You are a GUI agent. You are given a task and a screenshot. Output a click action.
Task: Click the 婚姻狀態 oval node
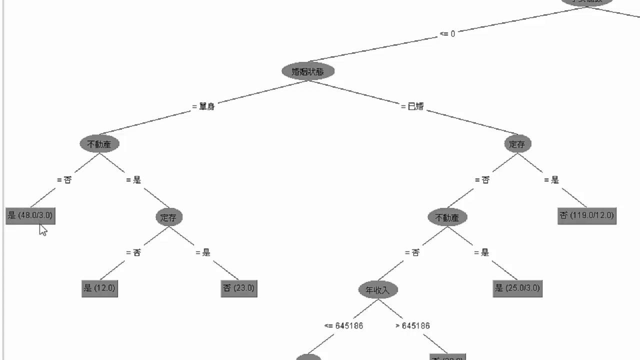[x=307, y=71]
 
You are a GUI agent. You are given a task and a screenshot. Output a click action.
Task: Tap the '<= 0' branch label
[x=447, y=34]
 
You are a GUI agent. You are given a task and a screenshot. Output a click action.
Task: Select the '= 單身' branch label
[x=203, y=106]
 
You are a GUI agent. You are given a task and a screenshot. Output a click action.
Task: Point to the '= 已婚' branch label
[x=412, y=106]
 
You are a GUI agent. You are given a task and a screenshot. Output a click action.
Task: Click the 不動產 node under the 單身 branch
[x=99, y=144]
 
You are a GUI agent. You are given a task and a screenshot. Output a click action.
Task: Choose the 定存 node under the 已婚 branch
[x=517, y=144]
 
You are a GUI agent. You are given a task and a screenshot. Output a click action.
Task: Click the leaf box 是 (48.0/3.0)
[x=30, y=216]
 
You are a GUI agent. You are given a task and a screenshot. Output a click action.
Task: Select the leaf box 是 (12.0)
[x=99, y=288]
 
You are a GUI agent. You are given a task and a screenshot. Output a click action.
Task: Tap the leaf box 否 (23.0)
[x=238, y=288]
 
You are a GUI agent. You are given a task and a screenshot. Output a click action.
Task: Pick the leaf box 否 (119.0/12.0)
[x=587, y=216]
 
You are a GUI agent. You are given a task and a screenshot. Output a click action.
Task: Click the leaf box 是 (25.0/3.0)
[x=517, y=288]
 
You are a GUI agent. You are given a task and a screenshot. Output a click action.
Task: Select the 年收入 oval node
[x=378, y=289]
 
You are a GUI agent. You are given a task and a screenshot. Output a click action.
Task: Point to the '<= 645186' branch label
[x=343, y=326]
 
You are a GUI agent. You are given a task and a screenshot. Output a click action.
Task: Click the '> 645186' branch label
[x=412, y=326]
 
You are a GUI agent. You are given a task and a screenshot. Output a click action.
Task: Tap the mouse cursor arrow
[x=42, y=229]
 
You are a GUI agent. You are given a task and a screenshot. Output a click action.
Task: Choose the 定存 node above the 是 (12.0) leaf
[x=169, y=217]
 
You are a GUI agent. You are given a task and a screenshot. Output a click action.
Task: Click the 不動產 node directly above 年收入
[x=447, y=217]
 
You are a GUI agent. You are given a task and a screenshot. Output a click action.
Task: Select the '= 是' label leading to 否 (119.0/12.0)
[x=551, y=180]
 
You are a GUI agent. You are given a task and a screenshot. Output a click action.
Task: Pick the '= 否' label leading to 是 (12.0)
[x=133, y=252]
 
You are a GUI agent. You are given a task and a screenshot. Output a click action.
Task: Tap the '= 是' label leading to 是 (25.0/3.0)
[x=481, y=252]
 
